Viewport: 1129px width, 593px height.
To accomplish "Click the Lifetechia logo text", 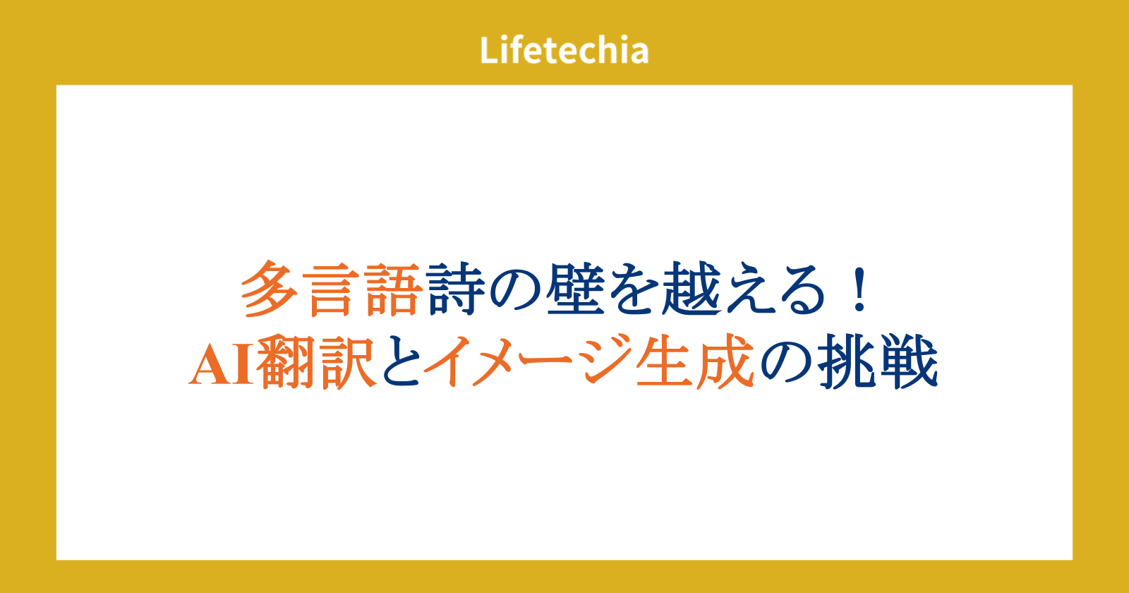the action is (x=564, y=50).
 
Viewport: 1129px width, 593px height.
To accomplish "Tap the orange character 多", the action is (x=270, y=289).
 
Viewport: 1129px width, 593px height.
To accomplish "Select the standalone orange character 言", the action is (x=331, y=289).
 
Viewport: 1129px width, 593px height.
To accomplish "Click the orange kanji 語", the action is (x=393, y=289).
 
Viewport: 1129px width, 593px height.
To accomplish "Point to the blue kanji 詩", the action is (x=455, y=289).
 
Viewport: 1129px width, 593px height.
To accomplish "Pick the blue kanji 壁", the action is (x=575, y=289).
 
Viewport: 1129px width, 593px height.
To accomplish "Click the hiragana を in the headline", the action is (x=634, y=289).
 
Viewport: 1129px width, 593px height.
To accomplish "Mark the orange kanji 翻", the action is (x=286, y=361).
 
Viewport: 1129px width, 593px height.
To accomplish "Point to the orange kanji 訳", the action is (x=348, y=361).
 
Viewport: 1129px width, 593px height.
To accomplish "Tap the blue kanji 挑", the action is (x=847, y=361).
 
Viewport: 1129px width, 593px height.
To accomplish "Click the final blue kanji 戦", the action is (x=908, y=361).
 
